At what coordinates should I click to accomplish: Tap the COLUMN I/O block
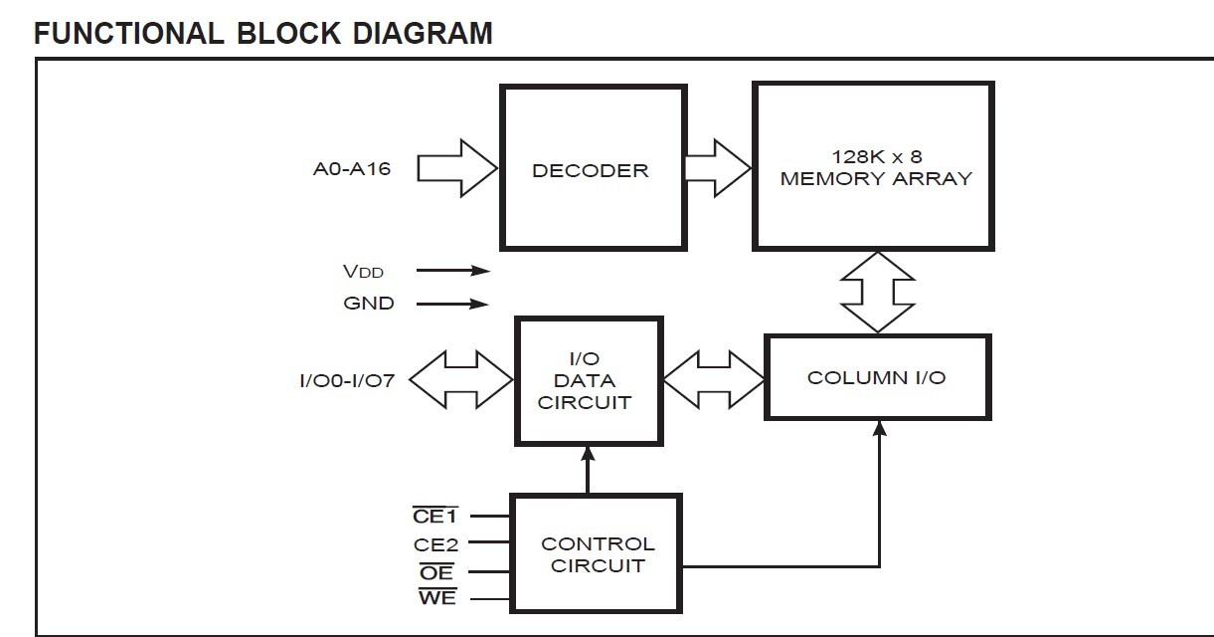point(877,377)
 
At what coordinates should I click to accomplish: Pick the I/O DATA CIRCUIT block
point(589,381)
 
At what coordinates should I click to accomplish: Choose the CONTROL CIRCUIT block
point(597,553)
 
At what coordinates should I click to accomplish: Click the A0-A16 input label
point(352,168)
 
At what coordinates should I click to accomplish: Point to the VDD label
point(363,271)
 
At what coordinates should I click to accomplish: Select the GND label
point(369,304)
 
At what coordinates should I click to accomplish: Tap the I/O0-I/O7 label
point(347,380)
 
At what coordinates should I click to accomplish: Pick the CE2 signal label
point(436,544)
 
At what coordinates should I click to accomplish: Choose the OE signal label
point(436,572)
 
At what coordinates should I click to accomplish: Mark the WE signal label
point(436,598)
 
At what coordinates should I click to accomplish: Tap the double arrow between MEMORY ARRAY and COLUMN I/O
point(877,292)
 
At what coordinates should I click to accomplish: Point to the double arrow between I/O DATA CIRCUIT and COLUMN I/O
point(713,379)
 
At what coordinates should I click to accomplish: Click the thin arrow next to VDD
point(452,271)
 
